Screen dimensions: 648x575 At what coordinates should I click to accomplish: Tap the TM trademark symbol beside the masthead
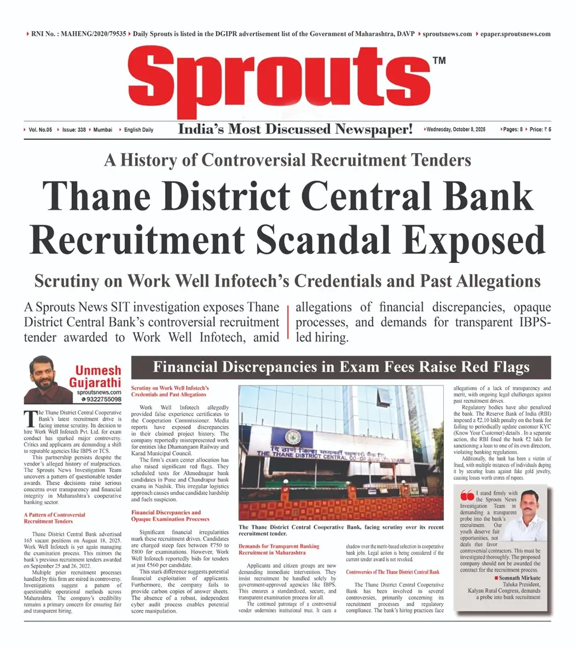tap(438, 61)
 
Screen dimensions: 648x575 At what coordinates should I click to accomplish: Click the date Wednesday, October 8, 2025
tap(455, 129)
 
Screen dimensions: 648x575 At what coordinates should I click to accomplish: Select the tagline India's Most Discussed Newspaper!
tap(296, 129)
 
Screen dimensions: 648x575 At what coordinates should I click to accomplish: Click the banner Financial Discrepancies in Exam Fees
tap(341, 367)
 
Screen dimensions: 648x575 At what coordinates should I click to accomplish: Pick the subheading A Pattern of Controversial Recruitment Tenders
tap(54, 518)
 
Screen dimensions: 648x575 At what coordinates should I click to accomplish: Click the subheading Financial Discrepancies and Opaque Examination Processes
tap(166, 515)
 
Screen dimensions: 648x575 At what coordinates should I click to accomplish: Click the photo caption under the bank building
tap(341, 530)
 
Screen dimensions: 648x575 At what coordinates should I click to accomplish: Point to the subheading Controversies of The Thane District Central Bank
tap(393, 571)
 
